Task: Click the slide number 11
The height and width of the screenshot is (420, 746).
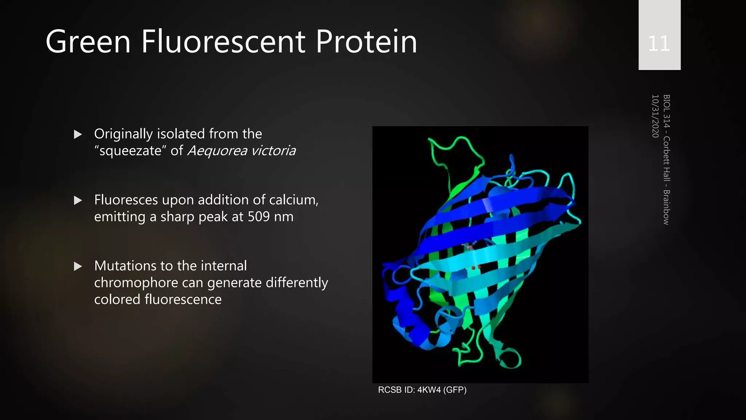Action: pos(659,44)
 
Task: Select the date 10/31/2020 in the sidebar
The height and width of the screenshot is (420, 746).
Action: pos(655,116)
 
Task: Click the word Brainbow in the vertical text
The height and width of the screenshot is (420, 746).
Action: pos(666,207)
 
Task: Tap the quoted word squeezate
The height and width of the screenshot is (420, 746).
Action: pos(130,151)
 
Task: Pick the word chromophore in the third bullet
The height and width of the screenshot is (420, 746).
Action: pos(136,283)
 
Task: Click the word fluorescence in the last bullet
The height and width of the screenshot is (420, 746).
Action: pos(183,299)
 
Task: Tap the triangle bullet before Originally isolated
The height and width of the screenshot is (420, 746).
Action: pos(78,135)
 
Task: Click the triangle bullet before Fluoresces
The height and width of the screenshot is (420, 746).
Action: pos(78,200)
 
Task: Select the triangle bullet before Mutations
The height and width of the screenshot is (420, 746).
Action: pos(78,266)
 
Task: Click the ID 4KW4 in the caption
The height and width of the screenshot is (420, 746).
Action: pos(429,390)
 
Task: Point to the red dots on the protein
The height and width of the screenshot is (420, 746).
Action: pos(476,268)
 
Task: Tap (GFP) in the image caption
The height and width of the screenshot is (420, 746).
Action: pos(455,390)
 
